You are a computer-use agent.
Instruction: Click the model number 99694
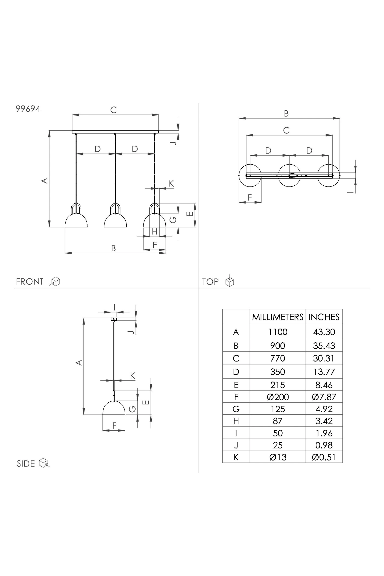(x=28, y=109)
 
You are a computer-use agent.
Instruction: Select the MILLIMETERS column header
(x=278, y=317)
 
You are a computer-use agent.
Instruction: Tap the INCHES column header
(x=324, y=317)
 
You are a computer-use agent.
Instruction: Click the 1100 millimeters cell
(x=278, y=332)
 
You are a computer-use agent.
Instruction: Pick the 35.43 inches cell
(x=324, y=346)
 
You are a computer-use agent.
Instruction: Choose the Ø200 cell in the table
(x=278, y=397)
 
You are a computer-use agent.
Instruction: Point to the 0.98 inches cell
(x=324, y=445)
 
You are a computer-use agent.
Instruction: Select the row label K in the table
(x=236, y=457)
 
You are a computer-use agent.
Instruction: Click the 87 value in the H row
(x=278, y=421)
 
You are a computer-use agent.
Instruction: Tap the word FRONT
(x=30, y=282)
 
